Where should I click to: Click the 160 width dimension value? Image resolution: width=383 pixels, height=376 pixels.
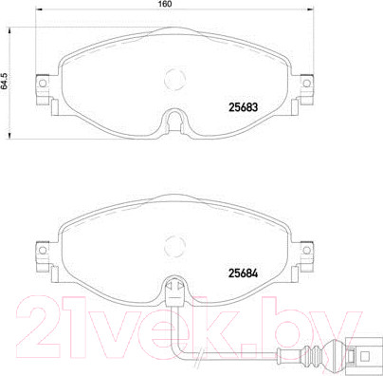[x=164, y=4]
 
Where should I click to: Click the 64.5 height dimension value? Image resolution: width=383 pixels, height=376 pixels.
[x=4, y=82]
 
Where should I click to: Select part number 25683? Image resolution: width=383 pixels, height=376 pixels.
[x=243, y=107]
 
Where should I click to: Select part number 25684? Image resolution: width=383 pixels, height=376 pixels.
[x=243, y=273]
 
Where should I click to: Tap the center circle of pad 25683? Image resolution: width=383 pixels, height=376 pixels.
[x=174, y=80]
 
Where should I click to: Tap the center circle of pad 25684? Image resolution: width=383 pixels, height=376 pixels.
[x=174, y=246]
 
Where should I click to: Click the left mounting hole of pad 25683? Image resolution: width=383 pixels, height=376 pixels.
[x=43, y=84]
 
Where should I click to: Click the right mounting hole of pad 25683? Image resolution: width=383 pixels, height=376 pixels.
[x=306, y=84]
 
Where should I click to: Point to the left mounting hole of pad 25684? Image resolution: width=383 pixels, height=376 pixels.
[x=43, y=250]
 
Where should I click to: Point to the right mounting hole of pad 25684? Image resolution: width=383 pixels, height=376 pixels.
[x=306, y=250]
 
